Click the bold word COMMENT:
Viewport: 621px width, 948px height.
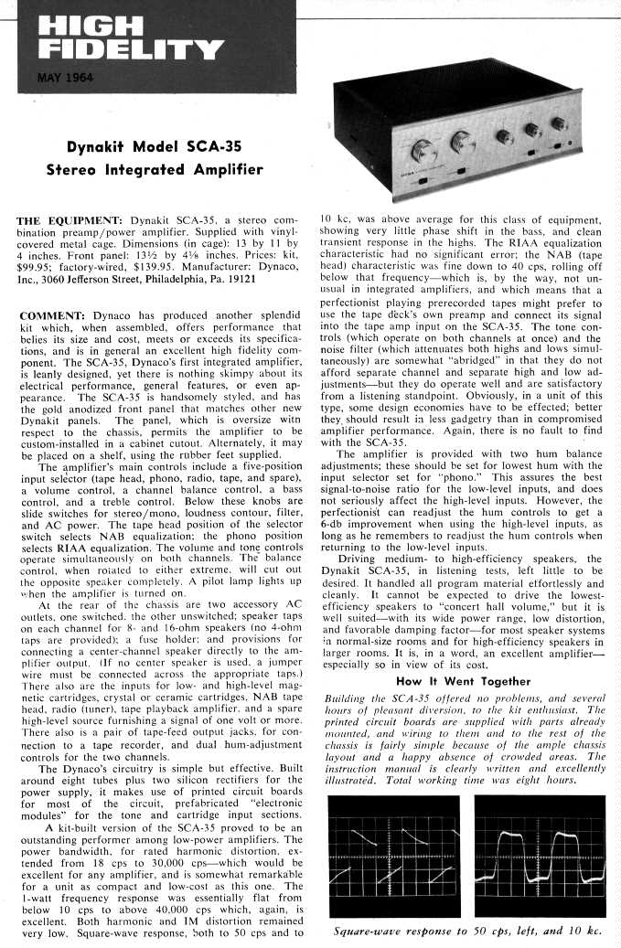coord(51,315)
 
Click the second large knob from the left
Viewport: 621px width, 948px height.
coord(463,142)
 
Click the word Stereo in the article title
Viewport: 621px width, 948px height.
coord(76,170)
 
